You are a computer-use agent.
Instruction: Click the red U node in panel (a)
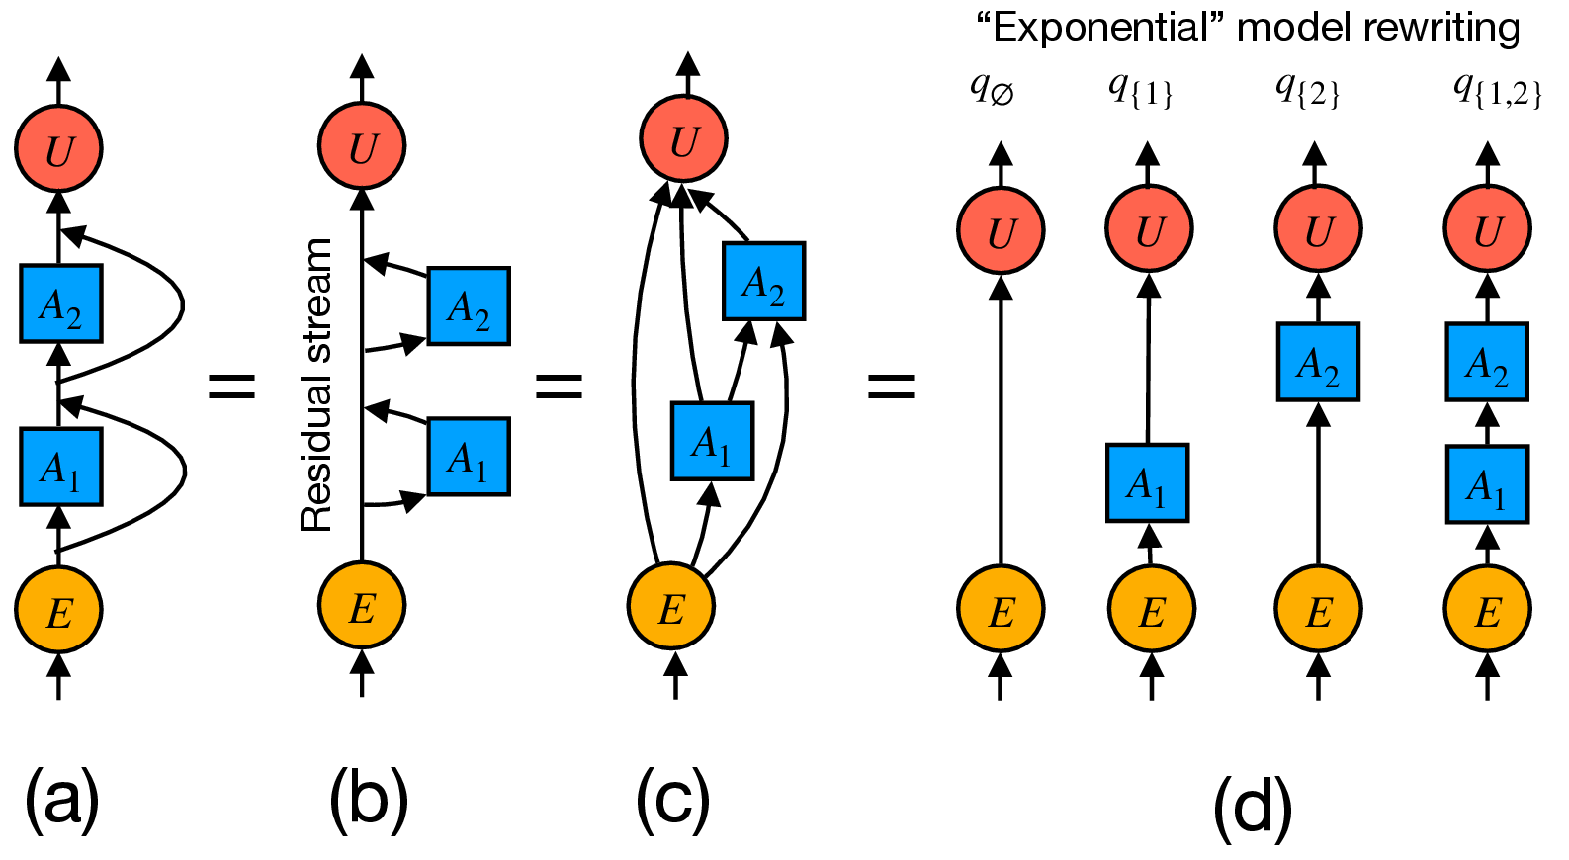(x=58, y=149)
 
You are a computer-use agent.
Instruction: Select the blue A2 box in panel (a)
(x=60, y=303)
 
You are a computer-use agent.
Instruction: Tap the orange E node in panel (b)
(x=362, y=605)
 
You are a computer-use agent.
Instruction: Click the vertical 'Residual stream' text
(x=316, y=386)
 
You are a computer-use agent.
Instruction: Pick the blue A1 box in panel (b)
(x=469, y=457)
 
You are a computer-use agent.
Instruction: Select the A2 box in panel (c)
(x=763, y=282)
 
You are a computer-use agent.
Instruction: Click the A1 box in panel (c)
(x=712, y=441)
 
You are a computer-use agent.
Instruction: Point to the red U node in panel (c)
(x=684, y=138)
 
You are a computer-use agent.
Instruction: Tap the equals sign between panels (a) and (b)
(x=232, y=386)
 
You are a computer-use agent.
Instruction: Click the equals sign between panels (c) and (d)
(x=891, y=386)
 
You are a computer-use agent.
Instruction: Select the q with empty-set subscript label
(x=992, y=90)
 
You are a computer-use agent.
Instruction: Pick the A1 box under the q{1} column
(x=1147, y=482)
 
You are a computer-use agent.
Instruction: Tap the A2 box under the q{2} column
(x=1318, y=362)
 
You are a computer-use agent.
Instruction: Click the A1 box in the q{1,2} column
(x=1487, y=484)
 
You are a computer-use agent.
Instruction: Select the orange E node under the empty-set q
(x=1001, y=610)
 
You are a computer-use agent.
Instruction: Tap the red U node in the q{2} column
(x=1318, y=229)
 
